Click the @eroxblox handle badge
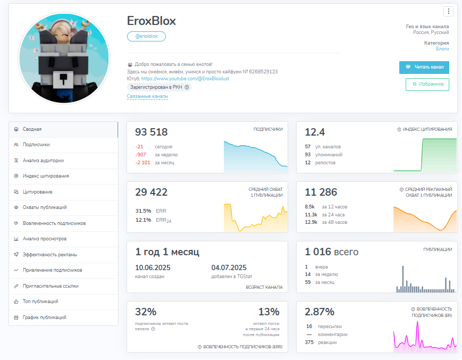(x=146, y=36)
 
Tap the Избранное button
(x=427, y=84)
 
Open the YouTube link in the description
(x=185, y=79)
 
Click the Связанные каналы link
(x=147, y=96)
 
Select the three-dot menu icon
(x=449, y=11)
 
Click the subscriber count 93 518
(x=151, y=132)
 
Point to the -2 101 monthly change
(x=142, y=163)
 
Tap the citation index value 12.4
(x=315, y=132)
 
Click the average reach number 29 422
(x=151, y=192)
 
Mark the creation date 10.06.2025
(x=153, y=267)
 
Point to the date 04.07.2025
(x=229, y=267)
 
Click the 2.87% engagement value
(x=320, y=312)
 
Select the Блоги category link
(x=442, y=49)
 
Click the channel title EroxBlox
(x=151, y=21)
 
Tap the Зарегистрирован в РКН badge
(x=159, y=87)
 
